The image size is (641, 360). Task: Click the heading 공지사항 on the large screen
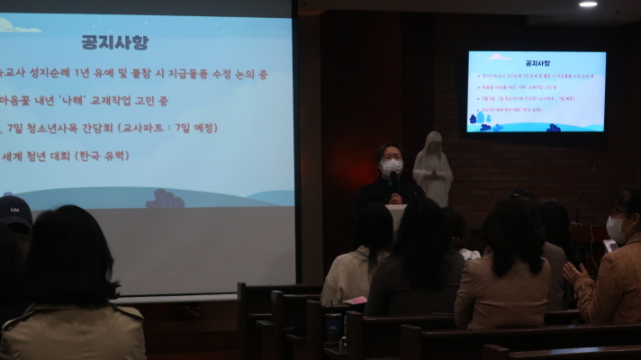(x=114, y=42)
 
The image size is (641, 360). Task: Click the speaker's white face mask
(x=392, y=166)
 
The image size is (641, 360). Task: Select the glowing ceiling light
(x=588, y=4)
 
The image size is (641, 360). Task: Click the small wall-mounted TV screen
(x=536, y=92)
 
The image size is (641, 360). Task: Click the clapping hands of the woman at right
(x=573, y=272)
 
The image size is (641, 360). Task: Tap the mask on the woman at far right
(x=615, y=229)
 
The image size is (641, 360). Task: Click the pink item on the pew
(x=357, y=300)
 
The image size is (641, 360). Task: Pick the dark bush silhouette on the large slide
(x=165, y=200)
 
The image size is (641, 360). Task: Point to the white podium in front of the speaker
(x=397, y=216)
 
